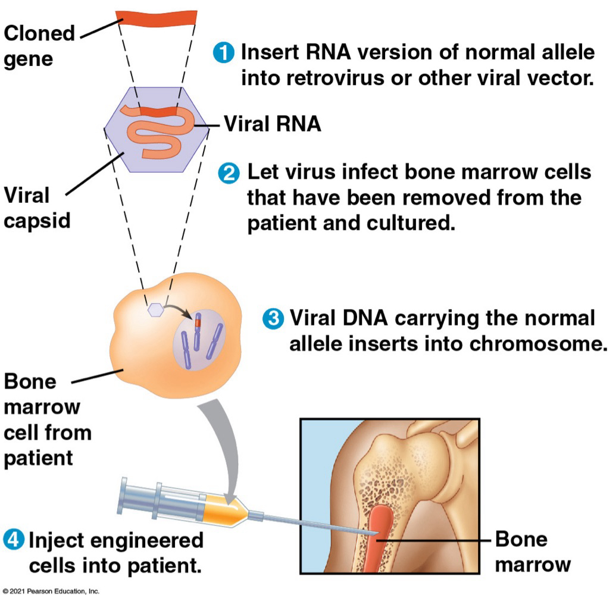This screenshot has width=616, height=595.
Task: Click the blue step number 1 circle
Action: pyautogui.click(x=223, y=52)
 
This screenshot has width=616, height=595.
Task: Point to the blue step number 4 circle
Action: pyautogui.click(x=13, y=541)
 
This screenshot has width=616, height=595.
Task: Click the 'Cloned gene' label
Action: pyautogui.click(x=39, y=46)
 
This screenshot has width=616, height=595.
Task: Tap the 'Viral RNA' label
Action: pyautogui.click(x=272, y=124)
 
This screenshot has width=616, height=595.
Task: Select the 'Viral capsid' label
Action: pyautogui.click(x=37, y=208)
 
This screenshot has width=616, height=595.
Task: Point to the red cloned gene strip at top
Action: pyautogui.click(x=156, y=18)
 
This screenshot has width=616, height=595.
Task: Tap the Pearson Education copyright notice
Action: pyautogui.click(x=51, y=590)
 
